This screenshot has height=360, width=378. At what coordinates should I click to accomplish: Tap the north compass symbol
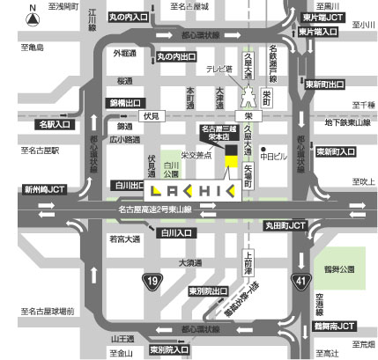tap(33, 15)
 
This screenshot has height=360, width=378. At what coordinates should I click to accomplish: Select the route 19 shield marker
tap(152, 281)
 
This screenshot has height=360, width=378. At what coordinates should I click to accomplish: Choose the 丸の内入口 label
tap(128, 17)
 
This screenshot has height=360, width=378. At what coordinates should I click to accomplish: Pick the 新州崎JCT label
tap(45, 188)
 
